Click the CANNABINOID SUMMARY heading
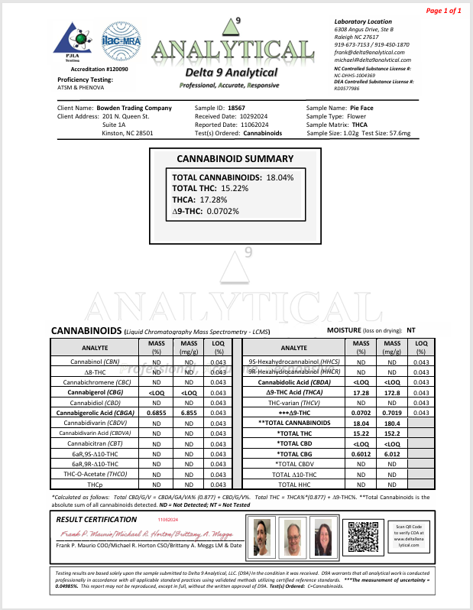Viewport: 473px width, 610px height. [x=235, y=159]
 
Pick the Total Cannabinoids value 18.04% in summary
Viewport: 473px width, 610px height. [x=280, y=177]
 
